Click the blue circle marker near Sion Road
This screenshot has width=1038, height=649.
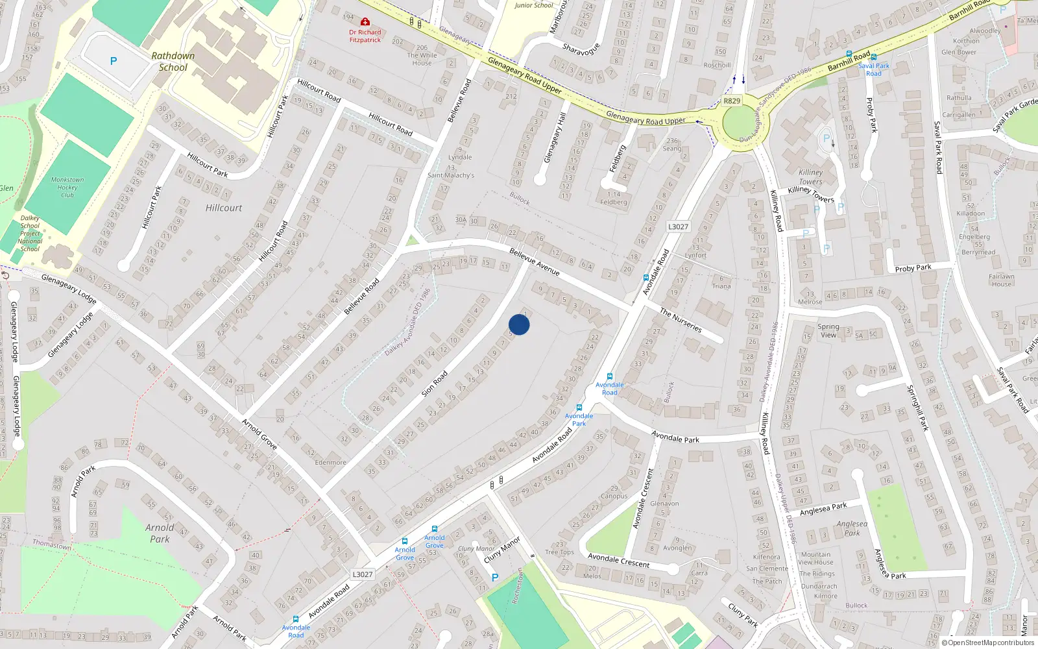coord(519,324)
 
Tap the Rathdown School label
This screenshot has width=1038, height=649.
coord(173,62)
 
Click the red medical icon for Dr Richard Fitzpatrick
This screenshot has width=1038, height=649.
coord(365,22)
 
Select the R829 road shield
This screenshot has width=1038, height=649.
coord(732,101)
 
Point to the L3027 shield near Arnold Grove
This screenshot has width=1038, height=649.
coord(363,574)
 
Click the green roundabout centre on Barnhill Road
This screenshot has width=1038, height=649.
coord(740,123)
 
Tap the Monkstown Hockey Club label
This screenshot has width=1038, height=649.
coord(67,187)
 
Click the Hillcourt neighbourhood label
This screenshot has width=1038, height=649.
coord(224,208)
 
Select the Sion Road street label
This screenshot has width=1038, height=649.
coord(435,384)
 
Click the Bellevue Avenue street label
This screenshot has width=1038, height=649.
coord(535,262)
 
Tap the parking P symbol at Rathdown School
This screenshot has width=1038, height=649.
coord(114,61)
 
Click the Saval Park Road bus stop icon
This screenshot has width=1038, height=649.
coord(873,57)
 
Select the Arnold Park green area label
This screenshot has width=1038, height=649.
coord(160,533)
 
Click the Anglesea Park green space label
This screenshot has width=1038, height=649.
coord(852,528)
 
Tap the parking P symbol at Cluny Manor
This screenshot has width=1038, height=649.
coord(495,577)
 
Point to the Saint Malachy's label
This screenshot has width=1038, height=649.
coord(451,175)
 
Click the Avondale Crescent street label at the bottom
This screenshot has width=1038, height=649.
coord(618,560)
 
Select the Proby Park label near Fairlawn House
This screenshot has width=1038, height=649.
coord(913,268)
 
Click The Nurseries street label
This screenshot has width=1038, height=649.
coord(681,320)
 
